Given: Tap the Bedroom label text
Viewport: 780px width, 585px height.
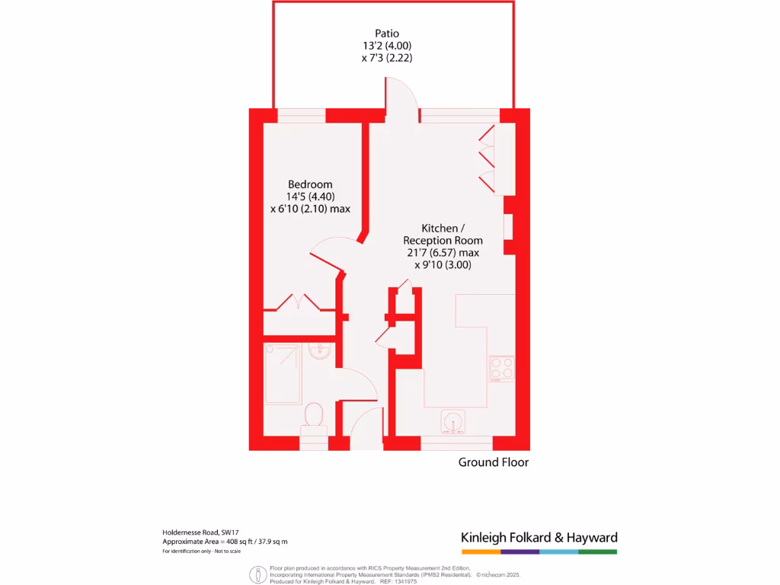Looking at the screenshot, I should click(310, 184).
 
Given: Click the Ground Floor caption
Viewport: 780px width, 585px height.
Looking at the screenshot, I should click(493, 462).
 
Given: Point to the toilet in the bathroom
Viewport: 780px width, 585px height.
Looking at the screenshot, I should click(313, 418).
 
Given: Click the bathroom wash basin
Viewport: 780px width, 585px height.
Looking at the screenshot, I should click(320, 351).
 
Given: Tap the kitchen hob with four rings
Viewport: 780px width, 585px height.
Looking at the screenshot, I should click(502, 368).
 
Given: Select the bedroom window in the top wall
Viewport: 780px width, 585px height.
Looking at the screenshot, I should click(301, 116).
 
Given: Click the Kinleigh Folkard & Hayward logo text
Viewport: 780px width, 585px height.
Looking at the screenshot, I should click(539, 537).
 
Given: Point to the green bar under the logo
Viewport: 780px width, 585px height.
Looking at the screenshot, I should click(597, 551).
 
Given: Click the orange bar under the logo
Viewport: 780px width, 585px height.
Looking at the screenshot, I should click(481, 551).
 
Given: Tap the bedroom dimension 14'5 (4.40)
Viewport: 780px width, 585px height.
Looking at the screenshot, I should click(310, 197).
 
